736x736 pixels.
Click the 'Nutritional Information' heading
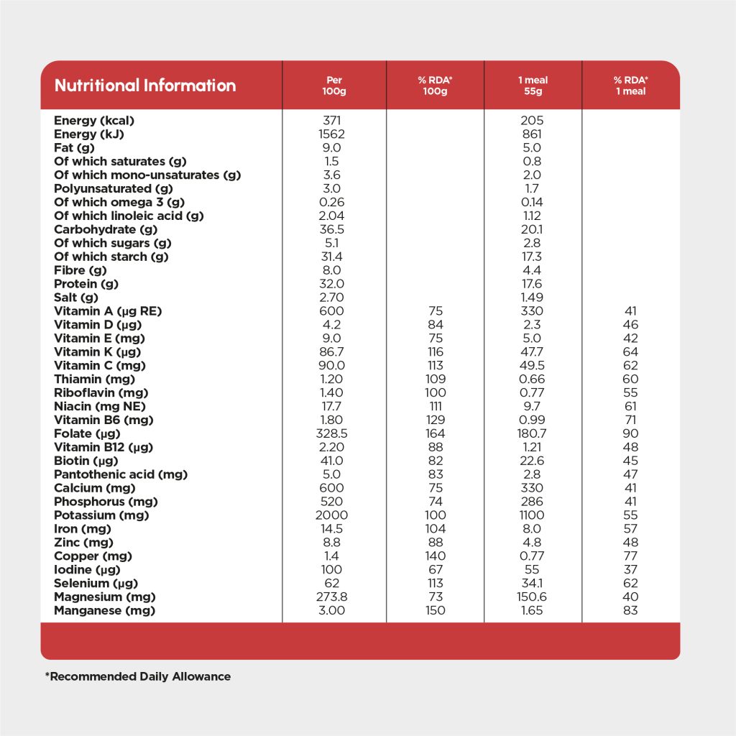pos(145,86)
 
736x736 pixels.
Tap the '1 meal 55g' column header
pos(533,86)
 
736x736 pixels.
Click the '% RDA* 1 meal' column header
pos(630,86)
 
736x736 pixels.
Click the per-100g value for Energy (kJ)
pos(331,134)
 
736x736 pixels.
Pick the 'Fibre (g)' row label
pos(80,270)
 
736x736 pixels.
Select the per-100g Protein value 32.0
pos(331,284)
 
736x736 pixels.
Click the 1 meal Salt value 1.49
pos(533,298)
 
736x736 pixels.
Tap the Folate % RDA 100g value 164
pos(435,433)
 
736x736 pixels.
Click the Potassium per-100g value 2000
pos(331,515)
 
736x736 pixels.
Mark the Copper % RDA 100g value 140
pos(435,556)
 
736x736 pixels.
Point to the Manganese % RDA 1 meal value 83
pos(630,610)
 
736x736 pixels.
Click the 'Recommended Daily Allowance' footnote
pos(138,676)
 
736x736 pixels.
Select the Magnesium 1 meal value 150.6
pos(533,597)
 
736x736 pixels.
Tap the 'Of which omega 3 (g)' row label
pos(119,202)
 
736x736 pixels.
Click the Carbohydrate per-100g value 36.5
pos(331,229)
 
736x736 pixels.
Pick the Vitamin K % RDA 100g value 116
pos(435,352)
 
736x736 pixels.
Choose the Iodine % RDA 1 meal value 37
pos(630,569)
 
